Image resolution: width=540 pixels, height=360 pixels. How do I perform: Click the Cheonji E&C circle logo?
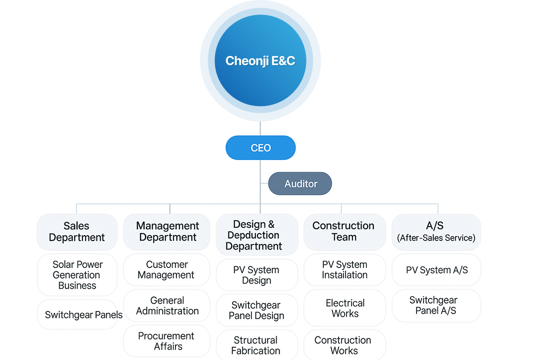pos(260,60)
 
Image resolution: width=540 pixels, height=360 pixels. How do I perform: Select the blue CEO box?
pos(260,148)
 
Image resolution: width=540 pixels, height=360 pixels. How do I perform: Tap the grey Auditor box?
pos(300,183)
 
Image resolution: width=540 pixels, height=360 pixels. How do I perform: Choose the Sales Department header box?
pos(77,232)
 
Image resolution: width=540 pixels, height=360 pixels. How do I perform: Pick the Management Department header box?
pos(167,232)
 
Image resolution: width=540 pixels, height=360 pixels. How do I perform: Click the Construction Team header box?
pos(344,232)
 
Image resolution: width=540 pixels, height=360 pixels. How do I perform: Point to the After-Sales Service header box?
pos(436,232)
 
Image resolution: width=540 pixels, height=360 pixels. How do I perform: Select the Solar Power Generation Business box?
pos(77,275)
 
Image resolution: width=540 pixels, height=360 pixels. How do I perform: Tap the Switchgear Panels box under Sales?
pos(77,314)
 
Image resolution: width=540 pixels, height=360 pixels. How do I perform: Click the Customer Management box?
pos(166,269)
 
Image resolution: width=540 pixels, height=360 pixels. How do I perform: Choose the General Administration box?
pos(166,305)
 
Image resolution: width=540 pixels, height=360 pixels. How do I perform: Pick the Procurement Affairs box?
pos(166,341)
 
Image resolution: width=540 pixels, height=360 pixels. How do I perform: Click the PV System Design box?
pos(257,275)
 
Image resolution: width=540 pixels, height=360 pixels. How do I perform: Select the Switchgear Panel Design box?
pos(257,310)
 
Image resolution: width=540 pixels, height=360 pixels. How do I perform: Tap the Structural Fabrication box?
pos(257,345)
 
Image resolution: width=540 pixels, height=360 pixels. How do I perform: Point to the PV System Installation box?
pos(344,269)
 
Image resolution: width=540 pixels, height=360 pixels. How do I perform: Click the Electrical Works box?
pos(344,308)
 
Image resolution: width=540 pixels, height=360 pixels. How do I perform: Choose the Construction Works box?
pos(344,345)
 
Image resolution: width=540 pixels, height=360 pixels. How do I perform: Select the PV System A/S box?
pos(436,269)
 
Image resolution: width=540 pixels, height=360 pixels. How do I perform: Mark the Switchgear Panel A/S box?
pos(436,305)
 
